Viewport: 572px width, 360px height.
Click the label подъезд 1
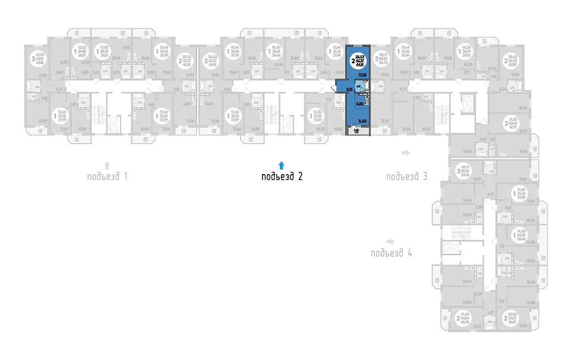[108, 177]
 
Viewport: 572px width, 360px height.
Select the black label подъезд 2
[282, 177]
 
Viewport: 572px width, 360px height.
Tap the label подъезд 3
[407, 177]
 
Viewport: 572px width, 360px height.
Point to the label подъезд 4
[392, 253]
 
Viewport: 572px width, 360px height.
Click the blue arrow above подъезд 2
[282, 165]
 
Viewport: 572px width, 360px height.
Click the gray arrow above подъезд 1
[107, 165]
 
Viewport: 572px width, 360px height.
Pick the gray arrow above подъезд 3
[406, 152]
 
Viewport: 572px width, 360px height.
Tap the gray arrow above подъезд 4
[391, 241]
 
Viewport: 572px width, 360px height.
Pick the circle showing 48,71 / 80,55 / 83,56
[461, 169]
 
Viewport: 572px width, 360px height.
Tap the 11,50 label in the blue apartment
[361, 121]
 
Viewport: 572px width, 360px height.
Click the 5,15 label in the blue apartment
[349, 88]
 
